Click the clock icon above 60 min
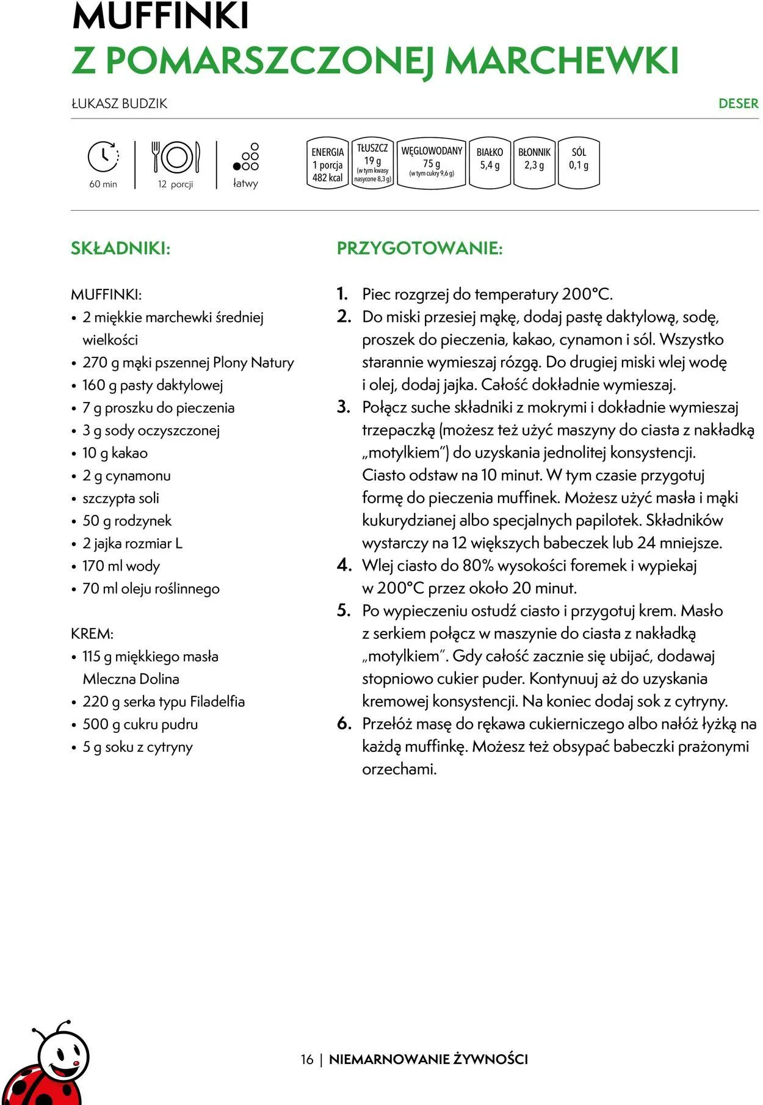(103, 156)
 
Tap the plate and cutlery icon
(176, 156)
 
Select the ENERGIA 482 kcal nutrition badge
(328, 164)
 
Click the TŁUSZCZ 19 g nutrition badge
(372, 164)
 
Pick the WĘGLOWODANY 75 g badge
(432, 162)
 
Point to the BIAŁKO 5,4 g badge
(490, 162)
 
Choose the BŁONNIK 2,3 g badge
(534, 162)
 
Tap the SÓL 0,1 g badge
(579, 162)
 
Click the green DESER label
(738, 103)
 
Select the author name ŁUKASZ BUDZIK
(119, 103)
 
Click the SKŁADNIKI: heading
(120, 249)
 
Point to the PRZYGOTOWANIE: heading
(419, 249)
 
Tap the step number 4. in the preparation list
(344, 565)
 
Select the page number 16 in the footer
(306, 1059)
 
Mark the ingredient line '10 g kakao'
(115, 453)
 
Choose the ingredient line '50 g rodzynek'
(127, 520)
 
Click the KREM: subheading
(92, 633)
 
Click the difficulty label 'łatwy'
(245, 183)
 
